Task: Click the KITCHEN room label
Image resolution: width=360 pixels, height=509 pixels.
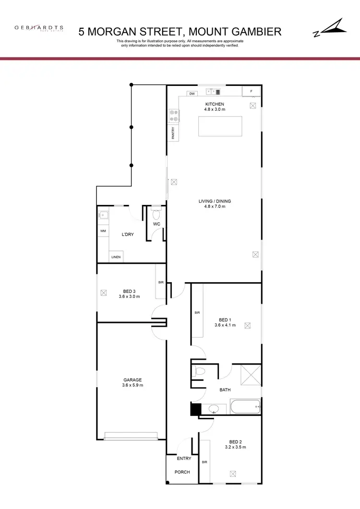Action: [x=215, y=104]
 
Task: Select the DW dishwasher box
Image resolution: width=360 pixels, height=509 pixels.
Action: [x=192, y=94]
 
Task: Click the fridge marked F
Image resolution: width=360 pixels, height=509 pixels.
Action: [x=251, y=91]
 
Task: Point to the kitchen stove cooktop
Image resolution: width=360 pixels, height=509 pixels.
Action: [x=174, y=116]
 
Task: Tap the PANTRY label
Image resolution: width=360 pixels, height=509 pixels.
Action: [x=173, y=133]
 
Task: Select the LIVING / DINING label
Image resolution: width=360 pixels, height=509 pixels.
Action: [x=212, y=201]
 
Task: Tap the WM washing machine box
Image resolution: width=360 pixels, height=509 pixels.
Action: [x=103, y=231]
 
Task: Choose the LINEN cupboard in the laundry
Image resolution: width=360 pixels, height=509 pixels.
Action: [x=116, y=258]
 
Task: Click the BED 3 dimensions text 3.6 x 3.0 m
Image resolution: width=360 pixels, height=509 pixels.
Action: [x=129, y=296]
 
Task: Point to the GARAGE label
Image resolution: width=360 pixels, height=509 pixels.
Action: [x=132, y=380]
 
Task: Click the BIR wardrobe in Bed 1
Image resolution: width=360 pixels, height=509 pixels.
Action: [x=197, y=313]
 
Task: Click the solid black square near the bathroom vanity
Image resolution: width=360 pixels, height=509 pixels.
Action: [x=196, y=409]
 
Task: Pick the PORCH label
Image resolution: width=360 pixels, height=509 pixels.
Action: [x=182, y=472]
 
